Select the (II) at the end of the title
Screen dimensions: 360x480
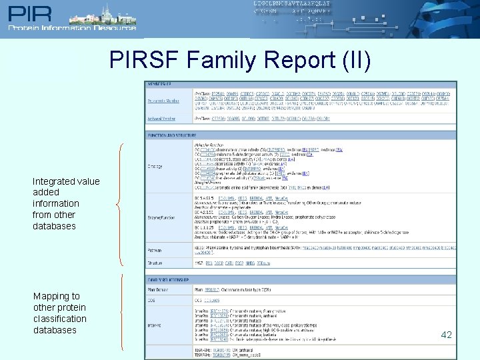pos(354,60)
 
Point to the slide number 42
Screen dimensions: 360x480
pos(446,335)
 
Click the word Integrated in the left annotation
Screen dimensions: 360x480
pos(57,181)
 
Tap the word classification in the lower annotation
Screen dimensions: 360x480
pos(60,319)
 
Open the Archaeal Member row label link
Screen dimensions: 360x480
pos(162,118)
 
